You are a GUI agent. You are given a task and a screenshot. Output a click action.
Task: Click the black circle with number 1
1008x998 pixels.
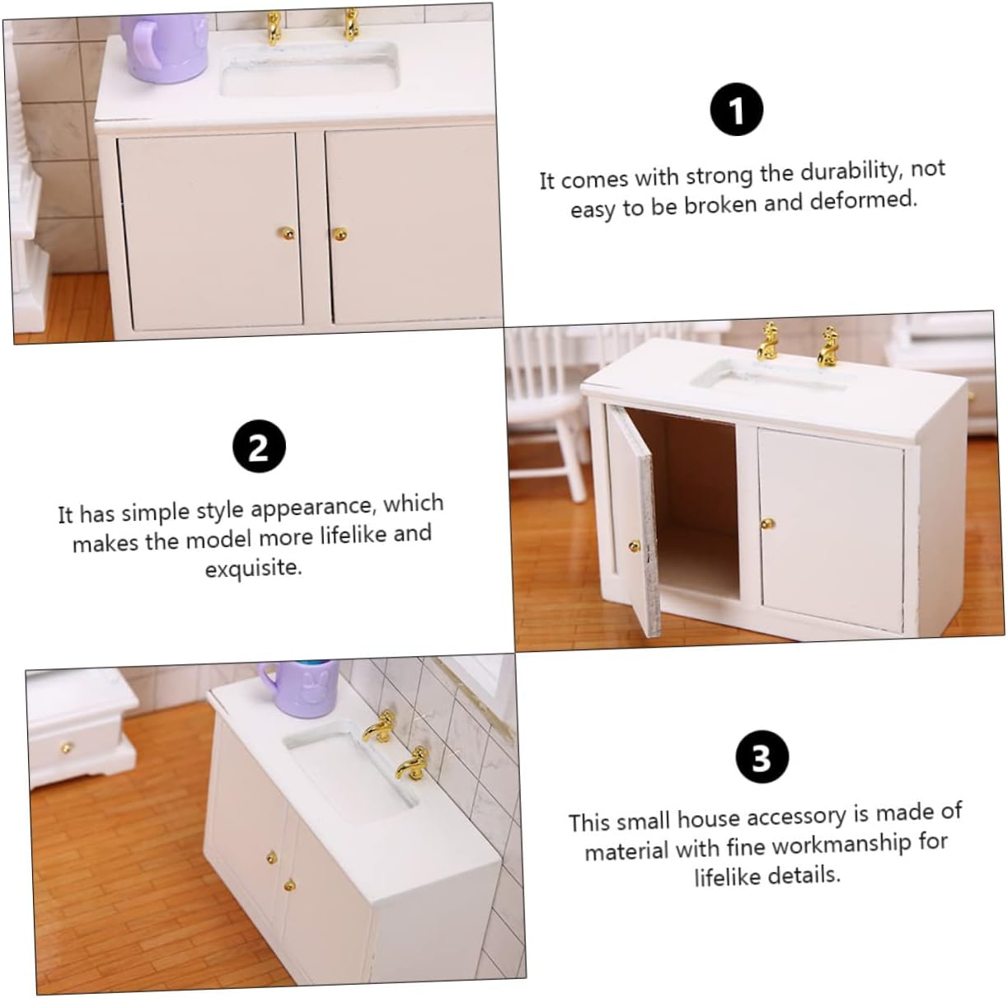pos(736,110)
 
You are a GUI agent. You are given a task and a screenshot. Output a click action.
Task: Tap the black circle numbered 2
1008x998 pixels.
pos(259,446)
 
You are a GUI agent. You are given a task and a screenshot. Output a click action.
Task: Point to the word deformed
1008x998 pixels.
pos(864,199)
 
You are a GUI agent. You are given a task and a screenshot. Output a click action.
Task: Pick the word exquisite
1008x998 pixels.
pos(254,568)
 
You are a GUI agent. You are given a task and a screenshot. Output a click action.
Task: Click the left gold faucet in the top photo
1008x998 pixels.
pos(273,28)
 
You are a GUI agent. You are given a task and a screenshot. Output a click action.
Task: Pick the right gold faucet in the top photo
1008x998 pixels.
pos(350,24)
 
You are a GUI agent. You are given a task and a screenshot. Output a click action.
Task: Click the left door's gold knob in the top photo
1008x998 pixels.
pos(287,232)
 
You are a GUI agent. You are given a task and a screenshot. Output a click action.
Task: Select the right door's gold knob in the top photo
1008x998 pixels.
pos(340,234)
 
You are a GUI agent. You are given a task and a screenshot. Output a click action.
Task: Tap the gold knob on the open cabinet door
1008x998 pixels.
pos(634,546)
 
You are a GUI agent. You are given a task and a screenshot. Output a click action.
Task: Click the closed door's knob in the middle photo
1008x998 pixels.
pos(767,522)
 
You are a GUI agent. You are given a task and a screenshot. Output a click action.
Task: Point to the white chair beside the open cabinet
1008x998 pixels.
pos(546,413)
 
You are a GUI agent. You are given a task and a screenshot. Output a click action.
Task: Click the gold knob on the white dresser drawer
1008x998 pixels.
pos(67,748)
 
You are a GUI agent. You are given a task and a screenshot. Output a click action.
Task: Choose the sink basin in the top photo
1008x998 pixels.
pos(308,71)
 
